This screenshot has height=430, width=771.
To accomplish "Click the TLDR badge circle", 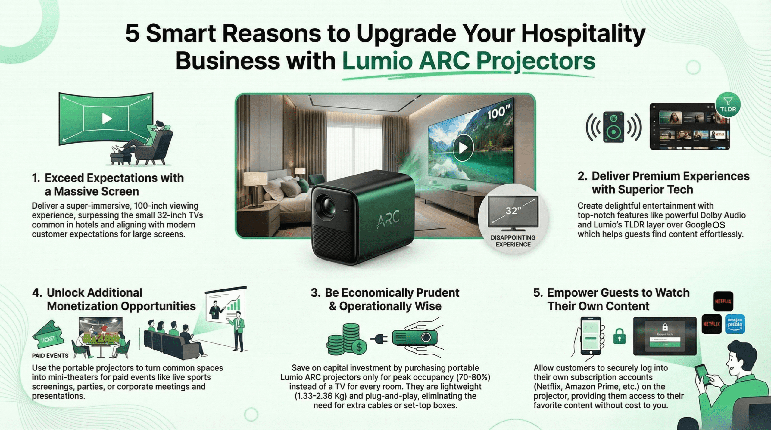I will [728, 105].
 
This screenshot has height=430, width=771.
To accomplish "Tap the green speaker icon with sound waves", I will [613, 127].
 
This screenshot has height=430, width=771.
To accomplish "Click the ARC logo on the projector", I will [388, 218].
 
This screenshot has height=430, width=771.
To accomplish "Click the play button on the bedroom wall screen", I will [463, 147].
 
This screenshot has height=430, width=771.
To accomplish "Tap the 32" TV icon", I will [513, 213].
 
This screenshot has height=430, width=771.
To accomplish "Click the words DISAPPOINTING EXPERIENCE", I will [513, 241].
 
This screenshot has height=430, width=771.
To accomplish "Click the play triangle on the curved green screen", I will [106, 119].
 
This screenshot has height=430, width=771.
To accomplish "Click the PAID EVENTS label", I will [50, 356].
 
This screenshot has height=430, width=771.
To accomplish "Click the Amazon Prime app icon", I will [735, 324].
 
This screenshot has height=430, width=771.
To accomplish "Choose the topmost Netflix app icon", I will [723, 301].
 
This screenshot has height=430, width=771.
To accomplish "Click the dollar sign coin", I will [359, 347].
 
